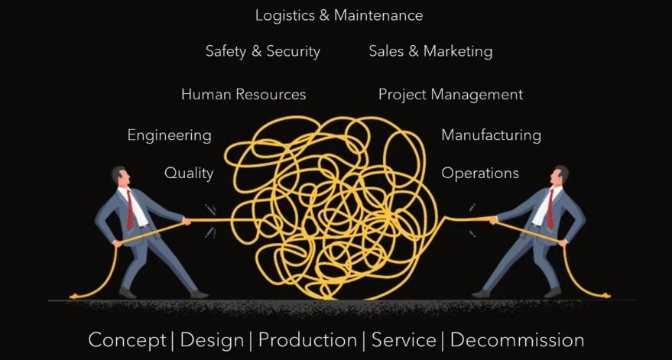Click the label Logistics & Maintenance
click(339, 15)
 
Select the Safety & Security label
click(262, 52)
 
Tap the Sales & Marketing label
click(430, 52)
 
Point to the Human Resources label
click(243, 95)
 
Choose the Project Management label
click(450, 95)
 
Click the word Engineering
click(169, 135)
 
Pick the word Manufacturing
click(491, 135)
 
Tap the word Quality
click(189, 174)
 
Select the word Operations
click(480, 174)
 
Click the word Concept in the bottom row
click(127, 340)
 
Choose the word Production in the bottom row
click(307, 340)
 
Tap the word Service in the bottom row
click(404, 340)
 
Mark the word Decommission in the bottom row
click(517, 340)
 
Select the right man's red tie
click(549, 207)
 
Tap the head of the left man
click(120, 177)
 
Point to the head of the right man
click(560, 177)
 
